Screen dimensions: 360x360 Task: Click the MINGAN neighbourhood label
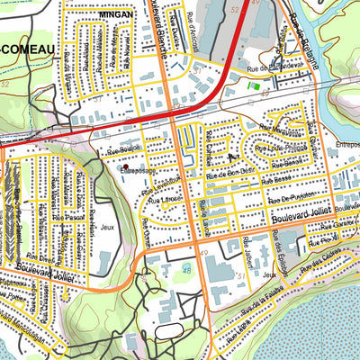tap(118, 15)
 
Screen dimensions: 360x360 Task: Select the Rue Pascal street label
tap(67, 217)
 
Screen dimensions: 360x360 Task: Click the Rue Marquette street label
tap(278, 127)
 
